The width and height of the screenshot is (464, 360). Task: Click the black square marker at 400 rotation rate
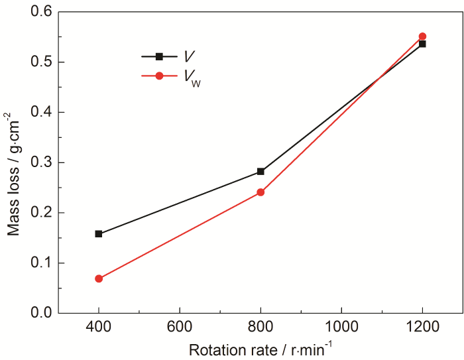click(99, 234)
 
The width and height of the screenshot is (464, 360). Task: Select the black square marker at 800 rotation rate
click(261, 172)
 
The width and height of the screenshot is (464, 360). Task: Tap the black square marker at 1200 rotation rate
click(422, 44)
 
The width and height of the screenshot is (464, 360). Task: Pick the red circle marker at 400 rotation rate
click(99, 278)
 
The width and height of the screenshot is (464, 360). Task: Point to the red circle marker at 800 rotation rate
click(261, 192)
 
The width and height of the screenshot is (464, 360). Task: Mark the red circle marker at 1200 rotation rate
click(422, 36)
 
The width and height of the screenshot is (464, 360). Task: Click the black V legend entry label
click(190, 57)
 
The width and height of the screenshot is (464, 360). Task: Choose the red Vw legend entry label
click(192, 77)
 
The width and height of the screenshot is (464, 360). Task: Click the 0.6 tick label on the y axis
click(41, 12)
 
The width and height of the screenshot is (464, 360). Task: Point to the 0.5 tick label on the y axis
click(41, 62)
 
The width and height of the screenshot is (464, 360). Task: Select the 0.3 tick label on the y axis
click(41, 162)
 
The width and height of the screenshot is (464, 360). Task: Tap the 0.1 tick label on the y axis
click(41, 263)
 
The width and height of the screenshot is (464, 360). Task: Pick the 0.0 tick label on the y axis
click(41, 313)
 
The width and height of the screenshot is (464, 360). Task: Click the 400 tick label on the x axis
click(99, 327)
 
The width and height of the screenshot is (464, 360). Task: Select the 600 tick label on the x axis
click(180, 327)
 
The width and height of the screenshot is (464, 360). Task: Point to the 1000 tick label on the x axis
click(341, 327)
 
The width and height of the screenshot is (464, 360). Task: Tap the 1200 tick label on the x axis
click(422, 327)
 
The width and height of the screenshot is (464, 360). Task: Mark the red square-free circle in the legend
click(159, 76)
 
